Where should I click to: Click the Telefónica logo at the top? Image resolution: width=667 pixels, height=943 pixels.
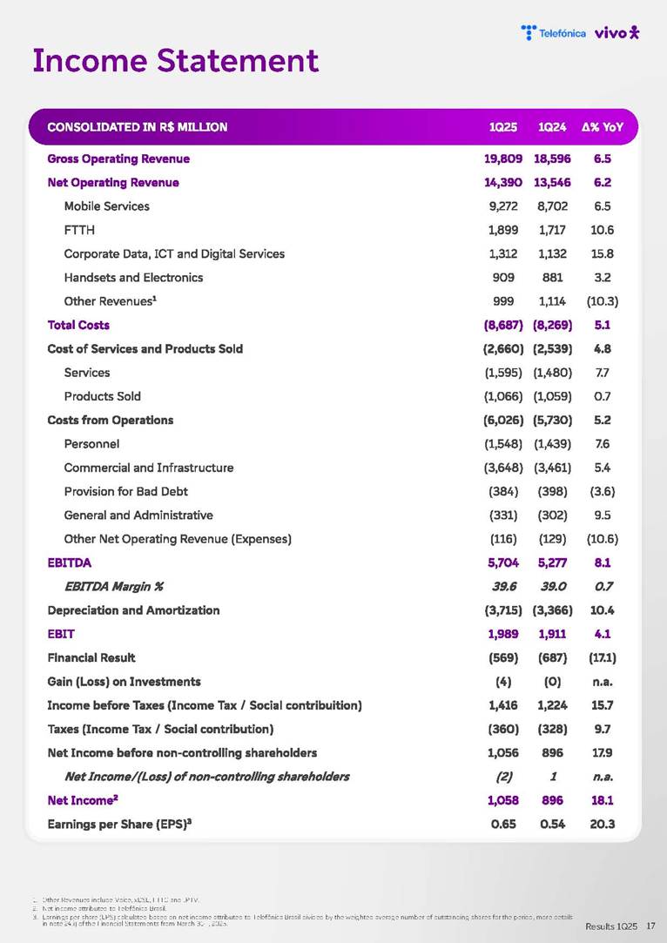pos(553,33)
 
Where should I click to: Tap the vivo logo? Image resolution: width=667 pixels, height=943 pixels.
pos(616,33)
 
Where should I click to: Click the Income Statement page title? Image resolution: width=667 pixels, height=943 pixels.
pos(175,61)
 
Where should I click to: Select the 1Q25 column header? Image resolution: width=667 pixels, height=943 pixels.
pos(503,127)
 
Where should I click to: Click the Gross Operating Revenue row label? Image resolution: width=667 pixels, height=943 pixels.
pos(118,158)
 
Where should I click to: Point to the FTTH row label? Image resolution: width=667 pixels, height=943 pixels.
pos(79,230)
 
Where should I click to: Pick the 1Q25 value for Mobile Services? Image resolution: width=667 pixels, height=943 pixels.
pos(503,206)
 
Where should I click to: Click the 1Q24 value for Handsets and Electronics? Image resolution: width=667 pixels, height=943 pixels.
pos(551,278)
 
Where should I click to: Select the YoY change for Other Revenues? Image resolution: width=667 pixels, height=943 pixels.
pos(601,301)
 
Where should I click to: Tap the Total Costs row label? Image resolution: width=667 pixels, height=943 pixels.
pos(78,325)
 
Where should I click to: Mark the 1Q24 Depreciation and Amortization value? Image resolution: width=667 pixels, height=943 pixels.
pos(551,610)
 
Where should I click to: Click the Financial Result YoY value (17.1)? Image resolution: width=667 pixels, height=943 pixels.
pos(601,657)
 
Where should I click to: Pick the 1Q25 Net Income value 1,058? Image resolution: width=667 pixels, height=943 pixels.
pos(503,800)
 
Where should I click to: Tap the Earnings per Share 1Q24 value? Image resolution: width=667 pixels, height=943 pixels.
pos(551,824)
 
